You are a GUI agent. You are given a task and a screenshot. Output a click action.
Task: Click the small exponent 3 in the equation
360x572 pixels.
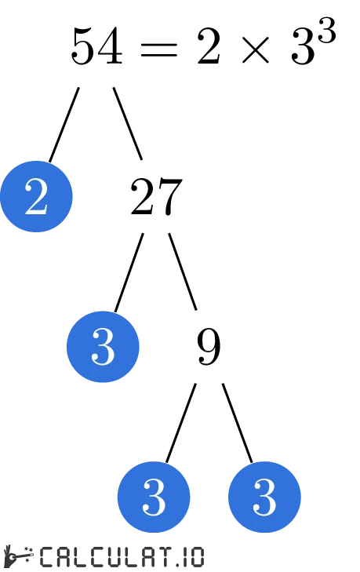[327, 33]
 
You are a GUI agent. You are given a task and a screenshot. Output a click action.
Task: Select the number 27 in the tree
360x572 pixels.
[156, 198]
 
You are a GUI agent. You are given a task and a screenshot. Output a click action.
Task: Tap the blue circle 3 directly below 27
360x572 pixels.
[104, 346]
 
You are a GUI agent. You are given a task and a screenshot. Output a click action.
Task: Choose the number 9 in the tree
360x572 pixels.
[209, 347]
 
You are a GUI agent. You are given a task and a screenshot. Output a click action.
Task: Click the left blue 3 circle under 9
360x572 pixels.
[154, 497]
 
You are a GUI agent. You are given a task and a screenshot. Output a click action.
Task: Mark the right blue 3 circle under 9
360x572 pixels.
[264, 497]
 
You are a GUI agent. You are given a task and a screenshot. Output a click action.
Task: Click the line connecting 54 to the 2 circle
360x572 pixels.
[64, 125]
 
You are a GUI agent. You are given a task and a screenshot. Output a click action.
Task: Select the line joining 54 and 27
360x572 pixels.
[128, 123]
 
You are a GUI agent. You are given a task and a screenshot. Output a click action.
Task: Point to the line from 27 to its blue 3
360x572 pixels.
[129, 272]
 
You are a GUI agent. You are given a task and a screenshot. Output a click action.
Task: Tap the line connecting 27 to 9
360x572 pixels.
[183, 271]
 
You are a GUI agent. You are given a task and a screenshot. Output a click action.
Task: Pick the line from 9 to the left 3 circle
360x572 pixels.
[180, 422]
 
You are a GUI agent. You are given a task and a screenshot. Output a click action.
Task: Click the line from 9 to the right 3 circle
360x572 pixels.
[238, 422]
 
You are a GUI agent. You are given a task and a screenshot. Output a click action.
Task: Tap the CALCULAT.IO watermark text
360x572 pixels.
[122, 556]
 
